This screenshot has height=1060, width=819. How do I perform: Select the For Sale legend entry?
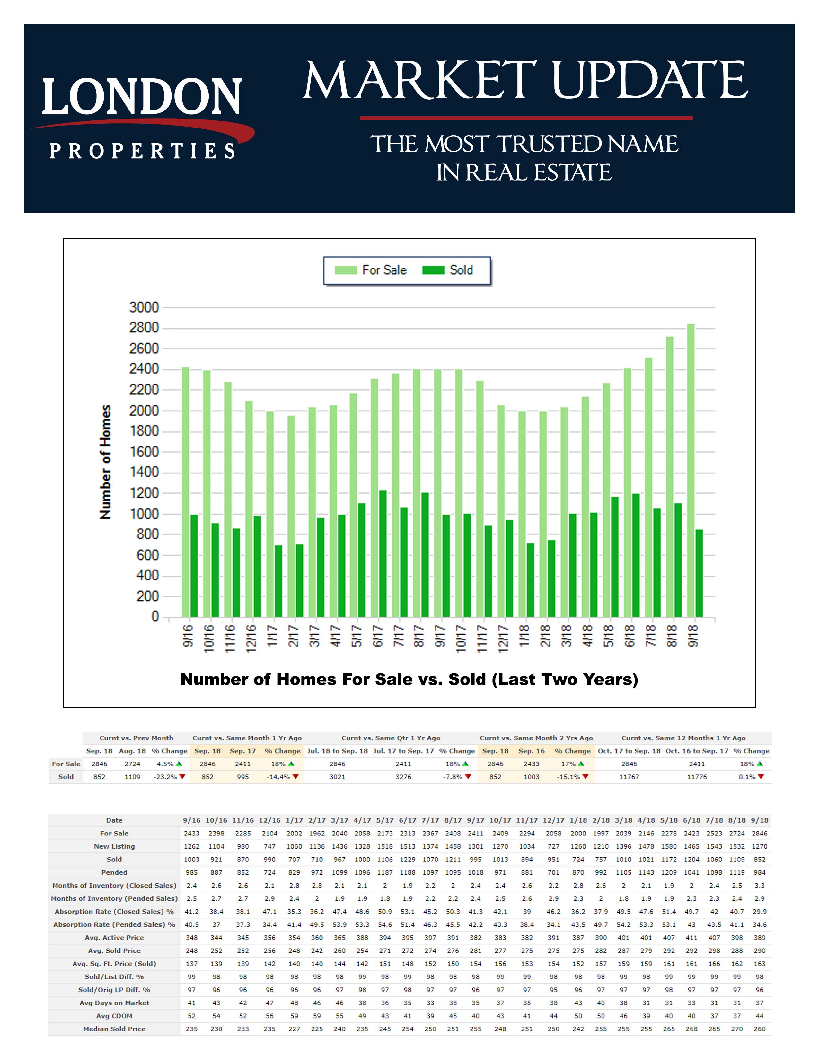pyautogui.click(x=371, y=270)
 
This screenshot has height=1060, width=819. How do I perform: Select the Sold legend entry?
pyautogui.click(x=447, y=270)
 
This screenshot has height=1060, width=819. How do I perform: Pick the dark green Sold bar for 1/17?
pyautogui.click(x=278, y=581)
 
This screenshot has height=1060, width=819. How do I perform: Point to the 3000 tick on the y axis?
pyautogui.click(x=144, y=307)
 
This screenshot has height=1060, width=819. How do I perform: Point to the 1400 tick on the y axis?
pyautogui.click(x=144, y=472)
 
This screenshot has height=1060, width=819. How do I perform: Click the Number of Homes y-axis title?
pyautogui.click(x=105, y=462)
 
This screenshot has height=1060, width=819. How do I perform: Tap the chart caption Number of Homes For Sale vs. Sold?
pyautogui.click(x=409, y=679)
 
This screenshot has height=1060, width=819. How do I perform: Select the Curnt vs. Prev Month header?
pyautogui.click(x=136, y=738)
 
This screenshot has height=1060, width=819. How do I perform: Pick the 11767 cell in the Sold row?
pyautogui.click(x=629, y=777)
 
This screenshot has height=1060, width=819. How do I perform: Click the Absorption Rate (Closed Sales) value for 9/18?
pyautogui.click(x=759, y=912)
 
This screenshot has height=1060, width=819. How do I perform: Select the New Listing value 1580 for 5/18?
pyautogui.click(x=669, y=846)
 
